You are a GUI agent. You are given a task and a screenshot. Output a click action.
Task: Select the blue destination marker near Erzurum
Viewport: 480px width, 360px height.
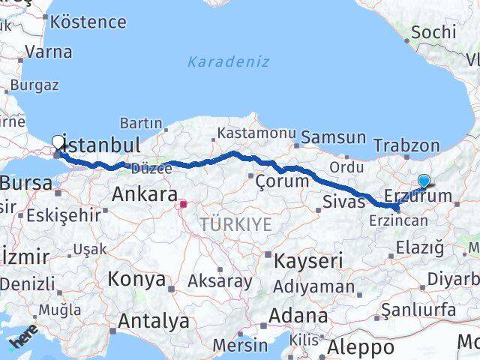click(x=424, y=181)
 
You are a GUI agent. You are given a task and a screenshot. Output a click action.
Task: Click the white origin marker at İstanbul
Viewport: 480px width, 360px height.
click(x=58, y=141)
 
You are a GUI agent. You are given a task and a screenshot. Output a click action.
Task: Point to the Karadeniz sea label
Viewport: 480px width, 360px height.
click(x=228, y=61)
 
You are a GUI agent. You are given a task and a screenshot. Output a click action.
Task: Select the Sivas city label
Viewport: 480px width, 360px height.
click(x=343, y=200)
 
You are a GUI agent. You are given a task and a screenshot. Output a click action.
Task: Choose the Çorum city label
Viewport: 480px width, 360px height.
click(x=282, y=181)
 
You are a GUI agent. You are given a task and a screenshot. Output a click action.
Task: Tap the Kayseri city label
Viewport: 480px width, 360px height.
click(x=307, y=261)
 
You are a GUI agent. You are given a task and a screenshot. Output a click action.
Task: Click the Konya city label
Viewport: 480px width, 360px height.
click(x=136, y=279)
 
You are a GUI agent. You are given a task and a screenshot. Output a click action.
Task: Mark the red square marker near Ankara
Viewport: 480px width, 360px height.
click(x=183, y=202)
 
